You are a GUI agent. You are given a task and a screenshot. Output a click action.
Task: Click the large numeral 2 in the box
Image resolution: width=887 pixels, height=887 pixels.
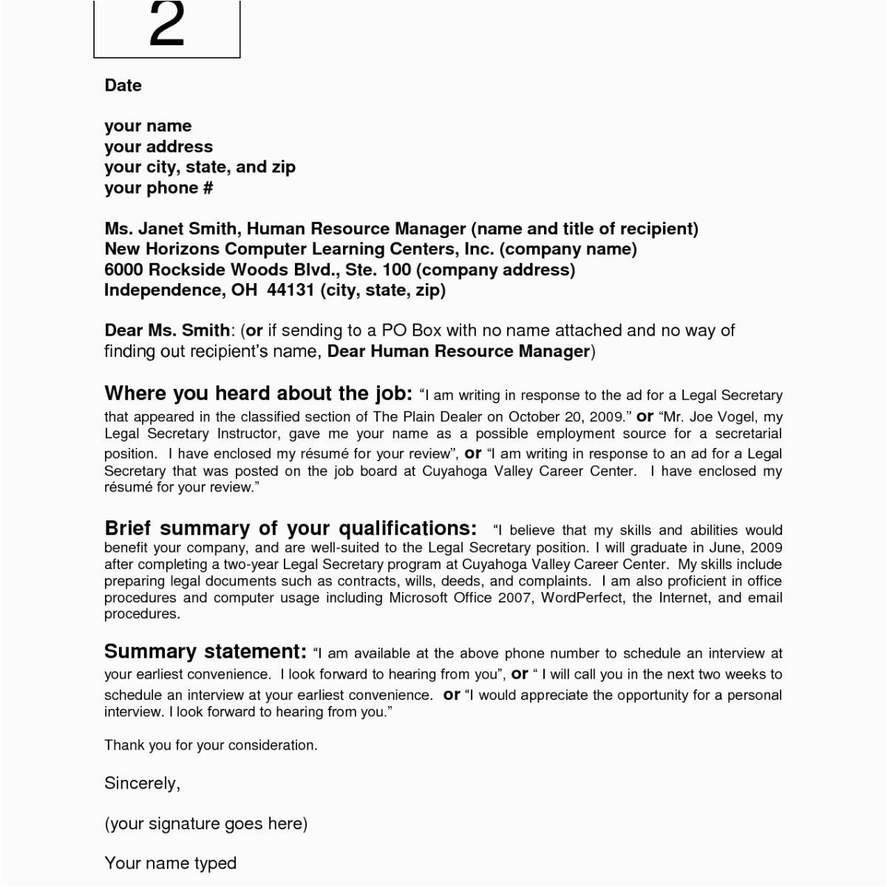(x=166, y=24)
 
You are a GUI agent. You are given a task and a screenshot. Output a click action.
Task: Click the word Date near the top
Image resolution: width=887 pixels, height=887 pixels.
(x=123, y=86)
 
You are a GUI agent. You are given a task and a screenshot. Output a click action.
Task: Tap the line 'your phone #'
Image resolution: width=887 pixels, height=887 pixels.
(x=158, y=188)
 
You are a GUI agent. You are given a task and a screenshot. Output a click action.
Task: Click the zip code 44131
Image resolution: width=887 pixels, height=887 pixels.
(x=290, y=290)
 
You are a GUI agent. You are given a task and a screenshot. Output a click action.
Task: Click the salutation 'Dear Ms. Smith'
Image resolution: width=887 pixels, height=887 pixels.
(x=167, y=330)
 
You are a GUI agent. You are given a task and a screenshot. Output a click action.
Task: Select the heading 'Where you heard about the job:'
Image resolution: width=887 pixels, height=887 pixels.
(x=258, y=393)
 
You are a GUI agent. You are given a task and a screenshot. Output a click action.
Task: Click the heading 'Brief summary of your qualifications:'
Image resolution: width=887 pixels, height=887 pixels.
(x=290, y=529)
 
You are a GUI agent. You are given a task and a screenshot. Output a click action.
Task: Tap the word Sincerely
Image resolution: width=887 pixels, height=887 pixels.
(x=142, y=783)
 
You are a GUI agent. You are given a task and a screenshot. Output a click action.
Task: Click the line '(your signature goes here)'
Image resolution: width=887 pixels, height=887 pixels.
(x=205, y=823)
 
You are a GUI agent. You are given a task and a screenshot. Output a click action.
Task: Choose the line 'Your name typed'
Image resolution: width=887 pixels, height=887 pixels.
(x=170, y=863)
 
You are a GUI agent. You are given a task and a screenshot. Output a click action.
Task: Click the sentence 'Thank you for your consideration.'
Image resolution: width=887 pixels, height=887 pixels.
(x=211, y=745)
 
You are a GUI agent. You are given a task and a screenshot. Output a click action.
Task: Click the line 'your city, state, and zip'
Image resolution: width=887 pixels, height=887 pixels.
(x=200, y=167)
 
